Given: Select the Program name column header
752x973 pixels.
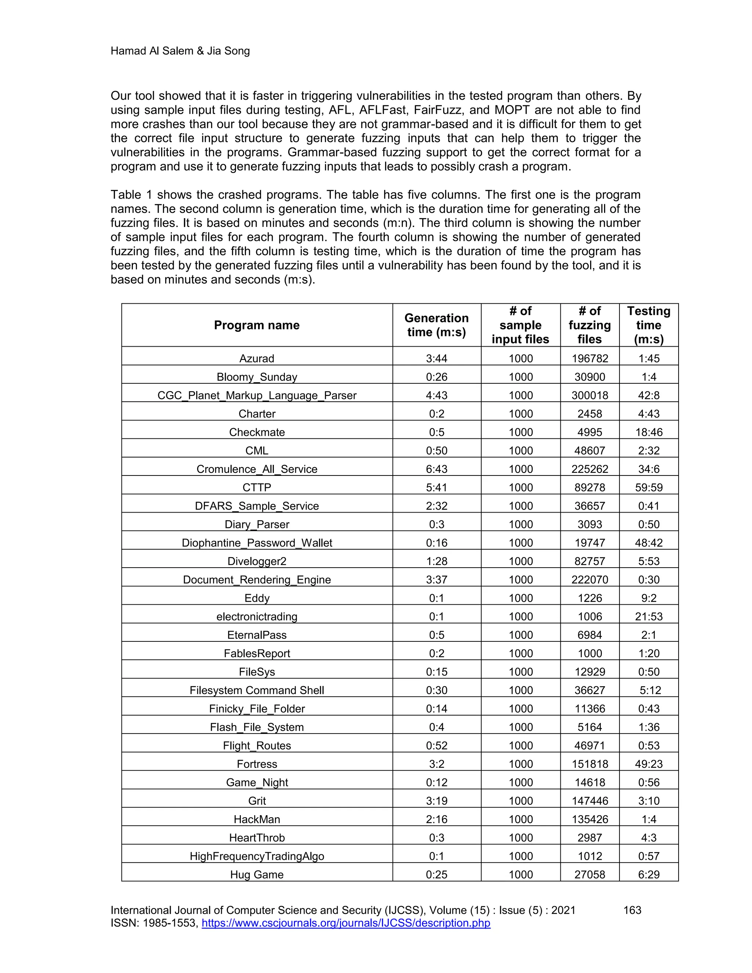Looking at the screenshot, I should [257, 325].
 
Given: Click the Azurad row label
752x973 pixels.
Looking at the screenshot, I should [257, 358].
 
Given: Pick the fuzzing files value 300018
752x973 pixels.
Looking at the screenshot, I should [589, 395].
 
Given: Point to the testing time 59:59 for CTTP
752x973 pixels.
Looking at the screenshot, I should [649, 487].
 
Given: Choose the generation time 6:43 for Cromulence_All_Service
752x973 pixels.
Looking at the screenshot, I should [436, 469].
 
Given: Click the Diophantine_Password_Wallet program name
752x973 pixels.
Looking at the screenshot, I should [257, 543].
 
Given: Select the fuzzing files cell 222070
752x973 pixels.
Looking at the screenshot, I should [589, 580].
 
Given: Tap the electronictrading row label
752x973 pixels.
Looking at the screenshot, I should [257, 616].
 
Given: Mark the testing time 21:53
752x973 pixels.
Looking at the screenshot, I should [649, 616].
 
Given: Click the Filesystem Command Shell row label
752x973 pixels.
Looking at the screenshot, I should [257, 690].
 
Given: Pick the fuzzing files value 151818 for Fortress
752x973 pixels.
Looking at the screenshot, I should [589, 764].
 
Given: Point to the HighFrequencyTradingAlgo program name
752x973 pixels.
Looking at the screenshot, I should [257, 856].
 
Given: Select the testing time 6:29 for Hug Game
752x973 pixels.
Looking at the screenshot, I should [649, 875].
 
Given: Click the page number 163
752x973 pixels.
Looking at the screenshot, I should [632, 910].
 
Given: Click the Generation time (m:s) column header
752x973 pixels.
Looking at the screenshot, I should [436, 325].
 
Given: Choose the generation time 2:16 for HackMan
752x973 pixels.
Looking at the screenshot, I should [436, 819].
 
